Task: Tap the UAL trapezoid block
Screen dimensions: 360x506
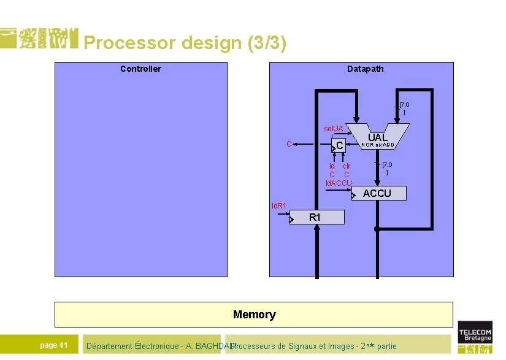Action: [377, 137]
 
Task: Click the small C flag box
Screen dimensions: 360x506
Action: [339, 145]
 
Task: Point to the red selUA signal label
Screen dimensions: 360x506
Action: [333, 128]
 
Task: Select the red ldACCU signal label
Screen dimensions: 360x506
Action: [339, 183]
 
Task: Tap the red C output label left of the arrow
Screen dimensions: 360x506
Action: [288, 144]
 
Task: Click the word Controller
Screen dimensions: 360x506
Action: [140, 69]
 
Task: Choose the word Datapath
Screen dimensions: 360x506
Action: [365, 69]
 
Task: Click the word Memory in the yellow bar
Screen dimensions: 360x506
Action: [254, 315]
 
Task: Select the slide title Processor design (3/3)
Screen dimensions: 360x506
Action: [185, 43]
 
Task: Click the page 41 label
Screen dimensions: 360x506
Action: [53, 345]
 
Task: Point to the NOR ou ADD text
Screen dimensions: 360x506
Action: [378, 145]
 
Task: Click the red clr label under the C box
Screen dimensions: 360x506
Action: [347, 166]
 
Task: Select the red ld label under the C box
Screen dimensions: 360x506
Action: [332, 166]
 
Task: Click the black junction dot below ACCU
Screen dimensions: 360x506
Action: [377, 229]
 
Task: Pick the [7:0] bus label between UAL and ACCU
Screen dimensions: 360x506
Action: [387, 168]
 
